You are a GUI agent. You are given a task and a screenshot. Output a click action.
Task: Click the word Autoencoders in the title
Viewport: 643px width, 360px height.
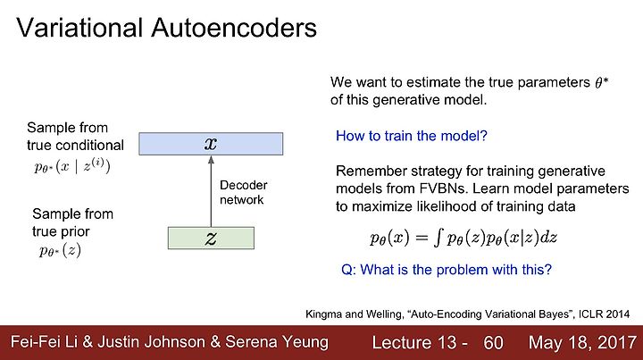tap(234, 28)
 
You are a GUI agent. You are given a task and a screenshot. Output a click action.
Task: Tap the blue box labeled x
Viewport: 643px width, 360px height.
tap(211, 144)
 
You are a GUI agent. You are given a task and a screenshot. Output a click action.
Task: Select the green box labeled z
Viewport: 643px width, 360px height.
tap(211, 238)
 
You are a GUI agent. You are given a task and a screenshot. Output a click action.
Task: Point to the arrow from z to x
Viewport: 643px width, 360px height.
tap(211, 191)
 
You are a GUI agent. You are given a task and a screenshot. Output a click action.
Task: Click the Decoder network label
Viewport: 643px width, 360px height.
tap(243, 192)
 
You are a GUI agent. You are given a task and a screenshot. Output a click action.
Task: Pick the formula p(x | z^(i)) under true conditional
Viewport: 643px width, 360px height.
tap(72, 166)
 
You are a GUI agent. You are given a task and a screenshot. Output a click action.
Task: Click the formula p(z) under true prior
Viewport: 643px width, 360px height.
tap(60, 250)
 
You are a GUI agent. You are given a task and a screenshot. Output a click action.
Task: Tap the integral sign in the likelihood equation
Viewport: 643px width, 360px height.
tap(438, 239)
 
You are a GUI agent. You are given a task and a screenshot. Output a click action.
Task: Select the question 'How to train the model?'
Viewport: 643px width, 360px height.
tap(412, 136)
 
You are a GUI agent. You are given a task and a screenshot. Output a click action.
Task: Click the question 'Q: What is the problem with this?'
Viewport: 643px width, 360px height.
tap(447, 270)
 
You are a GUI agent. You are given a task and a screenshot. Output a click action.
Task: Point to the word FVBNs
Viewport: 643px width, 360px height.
tap(443, 188)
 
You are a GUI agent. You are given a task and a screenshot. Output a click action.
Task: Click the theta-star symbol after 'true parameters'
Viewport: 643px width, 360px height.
tap(601, 82)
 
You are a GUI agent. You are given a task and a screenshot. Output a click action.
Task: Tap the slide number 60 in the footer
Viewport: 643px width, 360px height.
tap(493, 343)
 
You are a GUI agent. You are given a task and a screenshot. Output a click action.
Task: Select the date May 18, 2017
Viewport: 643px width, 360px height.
tap(582, 343)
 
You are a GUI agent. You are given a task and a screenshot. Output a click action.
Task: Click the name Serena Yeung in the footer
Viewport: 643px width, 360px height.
tap(277, 342)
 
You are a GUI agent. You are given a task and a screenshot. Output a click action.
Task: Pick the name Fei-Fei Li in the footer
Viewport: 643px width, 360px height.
tap(44, 342)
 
